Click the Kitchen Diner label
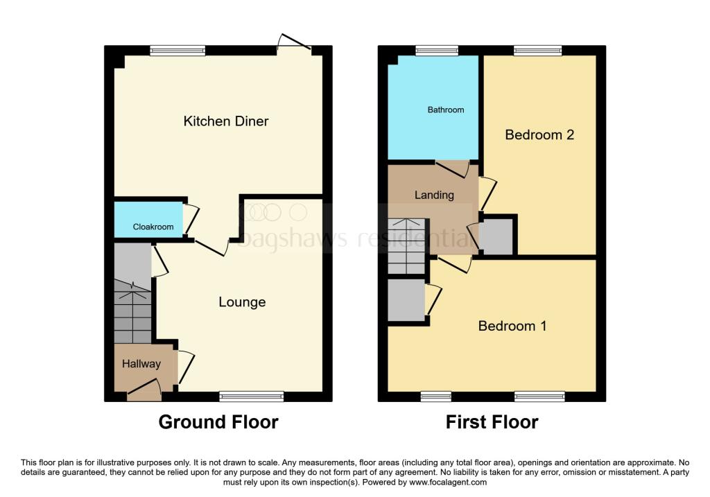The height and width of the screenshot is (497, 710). coord(225,121)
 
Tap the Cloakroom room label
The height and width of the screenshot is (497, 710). coord(153,227)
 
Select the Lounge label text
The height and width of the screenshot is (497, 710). coord(242,302)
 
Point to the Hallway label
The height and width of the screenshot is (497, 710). coord(141,364)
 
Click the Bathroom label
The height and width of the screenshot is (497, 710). coord(446,110)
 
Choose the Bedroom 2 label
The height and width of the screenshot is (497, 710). coord(539,134)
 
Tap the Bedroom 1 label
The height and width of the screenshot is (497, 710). coord(512,326)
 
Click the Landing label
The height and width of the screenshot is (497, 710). coord(434,195)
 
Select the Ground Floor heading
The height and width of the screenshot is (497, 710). coord(218,421)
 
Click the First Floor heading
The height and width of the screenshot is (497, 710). coord(492,421)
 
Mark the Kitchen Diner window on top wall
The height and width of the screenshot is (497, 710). coord(177,50)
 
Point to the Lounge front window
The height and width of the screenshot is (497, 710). coord(251,396)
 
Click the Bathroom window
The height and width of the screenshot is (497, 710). coord(431,50)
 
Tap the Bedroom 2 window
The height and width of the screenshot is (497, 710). coord(538,50)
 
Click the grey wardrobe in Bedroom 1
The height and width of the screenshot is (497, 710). coord(406,299)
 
